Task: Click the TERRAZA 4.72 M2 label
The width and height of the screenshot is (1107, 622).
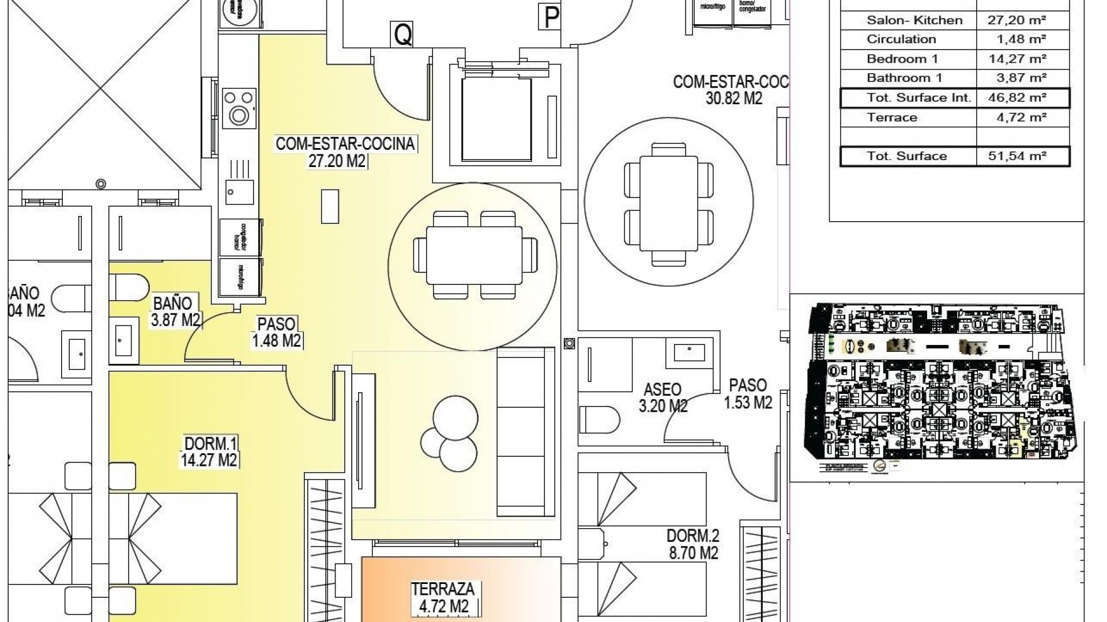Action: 443,597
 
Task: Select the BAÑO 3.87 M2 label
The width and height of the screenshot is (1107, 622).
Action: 175,312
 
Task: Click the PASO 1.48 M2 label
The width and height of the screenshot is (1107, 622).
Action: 277,332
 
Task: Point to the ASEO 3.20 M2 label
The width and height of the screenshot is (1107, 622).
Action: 663,398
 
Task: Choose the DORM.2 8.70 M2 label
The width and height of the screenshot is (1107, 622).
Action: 692,544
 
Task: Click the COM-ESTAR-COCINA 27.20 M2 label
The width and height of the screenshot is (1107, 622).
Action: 345,152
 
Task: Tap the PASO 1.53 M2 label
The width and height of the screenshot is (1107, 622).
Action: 748,393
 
